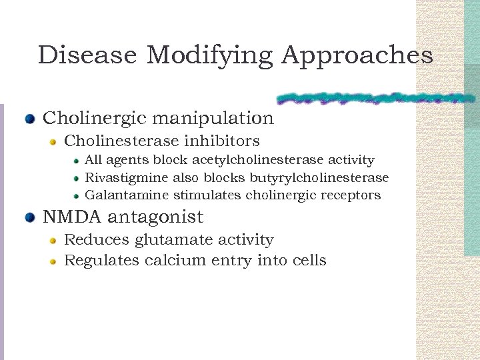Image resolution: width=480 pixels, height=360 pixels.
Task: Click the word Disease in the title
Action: (87, 55)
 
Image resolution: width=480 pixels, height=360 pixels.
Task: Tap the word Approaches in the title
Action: (357, 55)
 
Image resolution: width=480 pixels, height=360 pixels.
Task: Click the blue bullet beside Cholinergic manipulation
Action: (29, 119)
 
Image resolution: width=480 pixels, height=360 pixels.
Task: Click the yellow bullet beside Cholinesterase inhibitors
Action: (53, 142)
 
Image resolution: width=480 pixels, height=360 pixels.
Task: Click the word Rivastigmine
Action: (127, 178)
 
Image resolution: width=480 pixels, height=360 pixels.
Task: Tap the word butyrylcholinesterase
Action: (319, 178)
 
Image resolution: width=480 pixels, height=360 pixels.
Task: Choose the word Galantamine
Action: (127, 195)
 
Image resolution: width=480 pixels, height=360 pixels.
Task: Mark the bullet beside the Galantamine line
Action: (77, 196)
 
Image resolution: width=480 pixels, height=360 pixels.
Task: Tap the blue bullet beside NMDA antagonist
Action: (29, 218)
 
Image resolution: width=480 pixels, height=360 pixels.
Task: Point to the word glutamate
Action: (170, 240)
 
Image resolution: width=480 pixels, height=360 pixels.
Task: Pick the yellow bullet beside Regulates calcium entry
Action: (53, 261)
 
